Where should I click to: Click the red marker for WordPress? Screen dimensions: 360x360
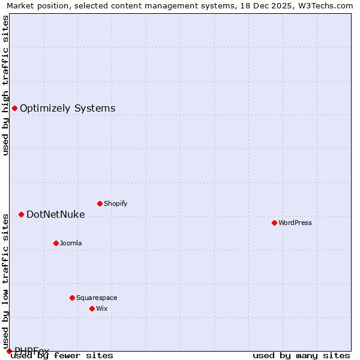[274, 223]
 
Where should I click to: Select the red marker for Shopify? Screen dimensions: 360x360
[100, 203]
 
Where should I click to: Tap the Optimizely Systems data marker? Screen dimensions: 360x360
[14, 108]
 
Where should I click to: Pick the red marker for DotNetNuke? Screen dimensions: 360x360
[21, 214]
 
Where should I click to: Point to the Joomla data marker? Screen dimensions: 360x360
[56, 243]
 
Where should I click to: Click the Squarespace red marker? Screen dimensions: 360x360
[72, 298]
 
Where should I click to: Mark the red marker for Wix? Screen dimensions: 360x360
[92, 308]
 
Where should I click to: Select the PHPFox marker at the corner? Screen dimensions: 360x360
[9, 351]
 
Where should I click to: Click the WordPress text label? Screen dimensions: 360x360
[295, 223]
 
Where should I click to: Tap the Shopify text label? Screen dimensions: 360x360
[116, 203]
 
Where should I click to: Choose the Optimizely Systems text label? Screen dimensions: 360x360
[67, 109]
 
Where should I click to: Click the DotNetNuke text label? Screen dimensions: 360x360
[55, 215]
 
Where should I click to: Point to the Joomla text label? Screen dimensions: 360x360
[71, 243]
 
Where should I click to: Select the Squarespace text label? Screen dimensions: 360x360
[97, 298]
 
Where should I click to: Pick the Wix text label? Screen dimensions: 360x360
[101, 308]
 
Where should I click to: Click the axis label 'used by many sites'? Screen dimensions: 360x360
[301, 356]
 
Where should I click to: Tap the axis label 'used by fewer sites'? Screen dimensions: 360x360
[62, 356]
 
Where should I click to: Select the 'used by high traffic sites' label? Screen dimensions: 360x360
[6, 85]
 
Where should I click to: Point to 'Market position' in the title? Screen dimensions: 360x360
[34, 6]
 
